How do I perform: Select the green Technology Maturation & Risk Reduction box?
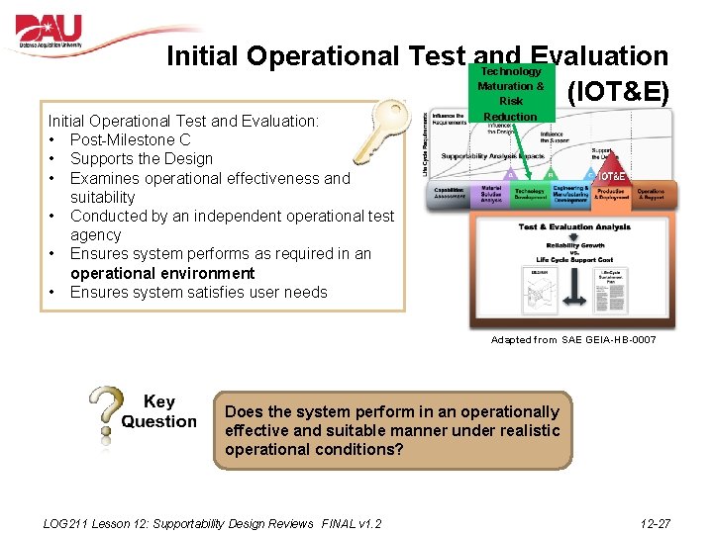(511, 94)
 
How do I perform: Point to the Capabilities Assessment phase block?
(450, 195)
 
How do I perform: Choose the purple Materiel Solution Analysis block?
(490, 195)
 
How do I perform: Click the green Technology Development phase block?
(529, 195)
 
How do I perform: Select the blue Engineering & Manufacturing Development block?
(571, 195)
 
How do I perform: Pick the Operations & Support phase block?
(651, 195)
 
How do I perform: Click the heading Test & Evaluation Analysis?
(574, 226)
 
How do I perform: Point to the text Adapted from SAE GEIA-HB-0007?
(573, 339)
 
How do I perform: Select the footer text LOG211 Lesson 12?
(213, 523)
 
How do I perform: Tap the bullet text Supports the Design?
(141, 158)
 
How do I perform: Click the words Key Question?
(158, 411)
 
